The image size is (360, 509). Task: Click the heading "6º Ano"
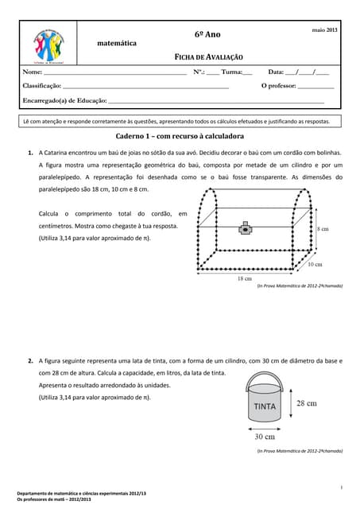tap(208, 36)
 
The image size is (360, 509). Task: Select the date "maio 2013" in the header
tap(324, 29)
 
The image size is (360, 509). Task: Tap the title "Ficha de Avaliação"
tap(209, 58)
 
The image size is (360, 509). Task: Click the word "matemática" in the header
tap(116, 42)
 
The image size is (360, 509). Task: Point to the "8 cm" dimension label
tap(323, 228)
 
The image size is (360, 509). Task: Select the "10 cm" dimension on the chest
tap(314, 263)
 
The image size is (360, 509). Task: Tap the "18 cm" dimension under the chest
tap(245, 278)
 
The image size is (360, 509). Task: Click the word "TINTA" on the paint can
tap(265, 406)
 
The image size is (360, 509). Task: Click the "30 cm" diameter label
tap(265, 437)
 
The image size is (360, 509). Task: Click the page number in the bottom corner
tap(341, 486)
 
